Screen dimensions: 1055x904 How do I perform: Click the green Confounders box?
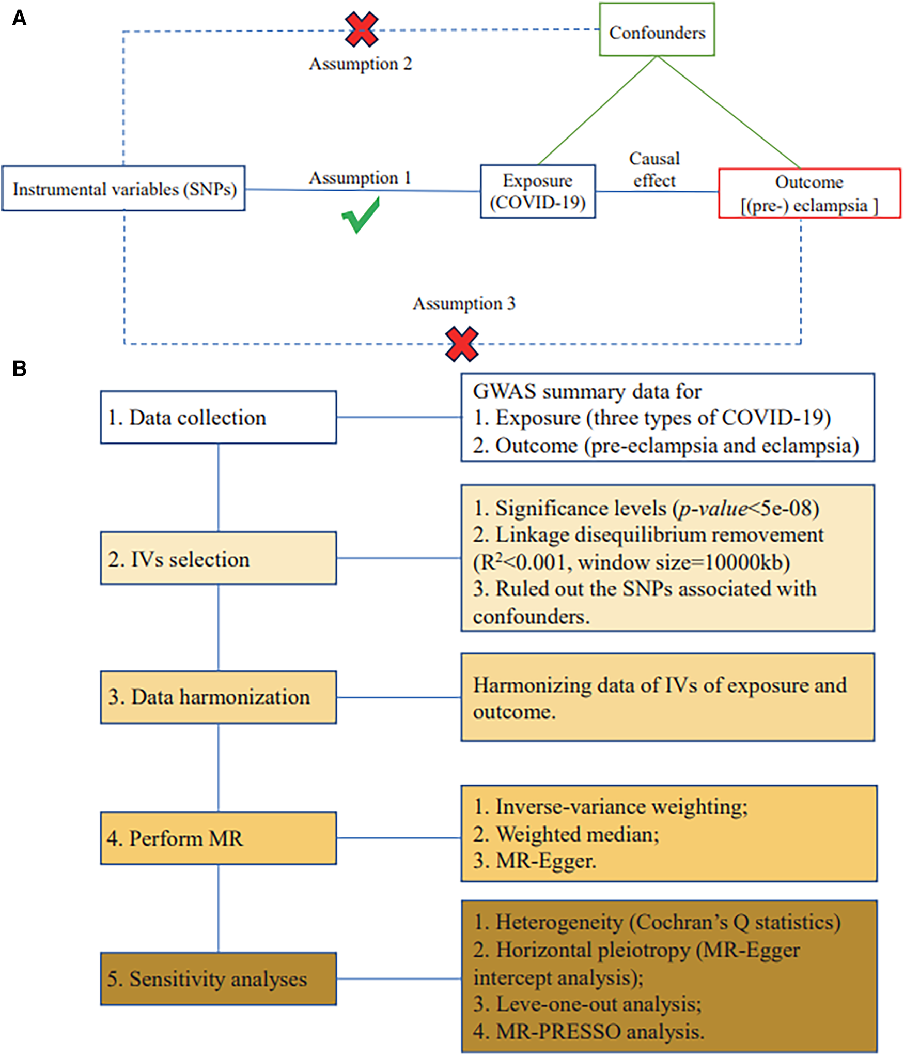click(x=657, y=30)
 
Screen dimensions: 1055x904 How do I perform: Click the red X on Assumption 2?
click(x=361, y=30)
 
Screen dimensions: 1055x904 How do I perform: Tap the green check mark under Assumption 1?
click(x=361, y=215)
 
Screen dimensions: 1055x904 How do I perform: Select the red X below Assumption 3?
click(x=461, y=344)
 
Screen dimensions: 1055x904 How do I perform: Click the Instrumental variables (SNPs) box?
click(x=123, y=189)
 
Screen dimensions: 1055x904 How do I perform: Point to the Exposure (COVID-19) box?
click(x=538, y=191)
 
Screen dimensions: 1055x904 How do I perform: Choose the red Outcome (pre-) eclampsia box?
click(x=809, y=193)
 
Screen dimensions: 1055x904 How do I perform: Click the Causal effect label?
click(x=654, y=170)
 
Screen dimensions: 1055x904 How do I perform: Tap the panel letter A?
click(x=19, y=19)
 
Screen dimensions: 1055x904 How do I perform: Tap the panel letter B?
click(x=19, y=369)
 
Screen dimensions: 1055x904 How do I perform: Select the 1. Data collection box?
click(x=218, y=417)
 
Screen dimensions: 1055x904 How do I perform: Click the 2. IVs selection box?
click(x=218, y=558)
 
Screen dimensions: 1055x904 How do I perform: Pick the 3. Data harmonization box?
click(x=218, y=697)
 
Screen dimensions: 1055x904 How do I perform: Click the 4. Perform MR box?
click(x=218, y=838)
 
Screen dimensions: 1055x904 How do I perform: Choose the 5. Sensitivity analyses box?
click(x=218, y=978)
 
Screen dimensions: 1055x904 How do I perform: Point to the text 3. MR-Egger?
click(x=535, y=861)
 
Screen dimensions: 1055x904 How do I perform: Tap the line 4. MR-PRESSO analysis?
click(x=588, y=1031)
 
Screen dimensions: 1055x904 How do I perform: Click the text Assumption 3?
click(x=463, y=303)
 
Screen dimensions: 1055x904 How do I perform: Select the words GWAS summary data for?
click(x=587, y=391)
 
